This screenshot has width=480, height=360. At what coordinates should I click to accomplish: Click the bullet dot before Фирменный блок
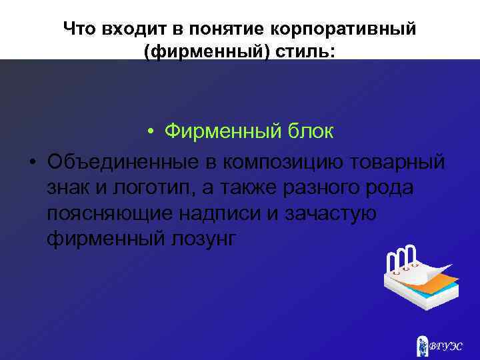coord(153,133)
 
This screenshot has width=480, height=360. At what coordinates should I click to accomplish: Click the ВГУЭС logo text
coord(445,346)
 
